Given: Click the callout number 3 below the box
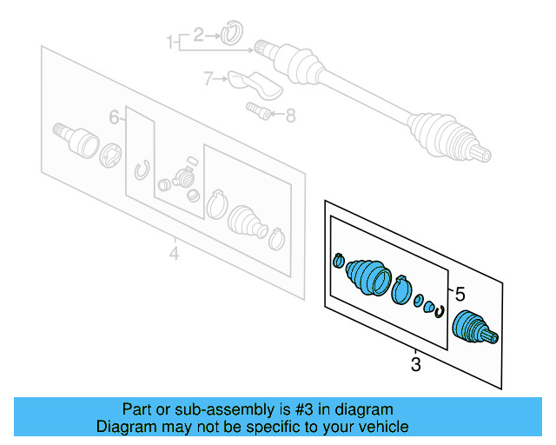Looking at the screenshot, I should [x=415, y=365].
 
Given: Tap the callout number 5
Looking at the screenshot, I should [x=460, y=293].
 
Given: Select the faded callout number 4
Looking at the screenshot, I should [x=174, y=255].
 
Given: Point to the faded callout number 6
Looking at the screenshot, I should [x=113, y=117].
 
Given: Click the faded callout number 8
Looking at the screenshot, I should [x=290, y=114].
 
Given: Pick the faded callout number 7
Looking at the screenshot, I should [x=208, y=79].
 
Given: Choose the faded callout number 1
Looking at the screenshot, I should [x=170, y=40].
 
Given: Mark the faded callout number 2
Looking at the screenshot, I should [x=198, y=35].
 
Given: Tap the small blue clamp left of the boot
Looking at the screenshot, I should [x=339, y=259].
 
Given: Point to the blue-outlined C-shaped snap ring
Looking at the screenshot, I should [x=440, y=311].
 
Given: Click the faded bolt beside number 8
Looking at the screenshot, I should [x=255, y=110].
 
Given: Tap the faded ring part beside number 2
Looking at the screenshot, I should [x=230, y=34].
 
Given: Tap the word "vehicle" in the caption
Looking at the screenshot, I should [x=381, y=427].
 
